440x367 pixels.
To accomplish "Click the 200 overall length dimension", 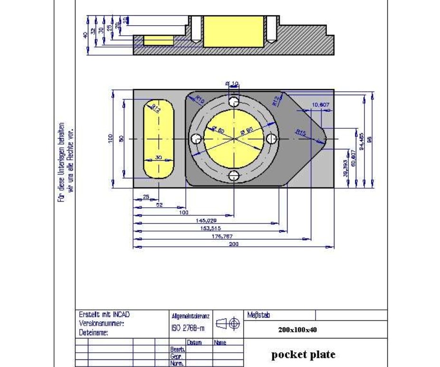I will click(233, 244).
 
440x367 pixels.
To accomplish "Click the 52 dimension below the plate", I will click(160, 204).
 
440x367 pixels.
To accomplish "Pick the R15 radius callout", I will click(300, 133).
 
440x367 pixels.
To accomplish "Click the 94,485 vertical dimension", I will click(362, 142).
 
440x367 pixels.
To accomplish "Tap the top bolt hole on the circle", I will click(233, 102).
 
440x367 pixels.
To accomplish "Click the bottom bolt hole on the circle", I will click(233, 176).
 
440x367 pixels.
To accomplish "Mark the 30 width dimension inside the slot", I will click(158, 157).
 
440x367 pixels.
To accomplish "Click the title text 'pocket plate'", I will click(303, 354).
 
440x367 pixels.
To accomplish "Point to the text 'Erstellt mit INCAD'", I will click(104, 315).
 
